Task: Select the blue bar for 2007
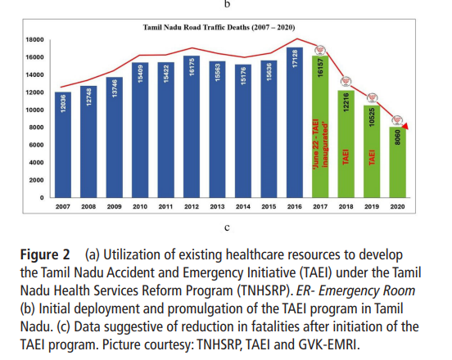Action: [x=63, y=145]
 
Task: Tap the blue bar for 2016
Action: [x=295, y=123]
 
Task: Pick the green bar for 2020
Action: [x=397, y=163]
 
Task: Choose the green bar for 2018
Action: [x=346, y=144]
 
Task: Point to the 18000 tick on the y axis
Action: [x=34, y=40]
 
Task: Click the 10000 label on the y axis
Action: [x=34, y=110]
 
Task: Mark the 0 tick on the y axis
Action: [x=42, y=198]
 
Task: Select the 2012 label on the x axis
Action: [x=192, y=207]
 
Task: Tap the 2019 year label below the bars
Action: [x=372, y=207]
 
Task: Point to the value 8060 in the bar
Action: [x=398, y=137]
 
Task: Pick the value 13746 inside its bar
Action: [x=115, y=88]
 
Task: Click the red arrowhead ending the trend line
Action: [x=405, y=126]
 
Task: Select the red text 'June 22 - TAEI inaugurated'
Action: [x=320, y=144]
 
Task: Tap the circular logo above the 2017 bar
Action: [x=320, y=51]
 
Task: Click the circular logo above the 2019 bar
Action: [x=372, y=98]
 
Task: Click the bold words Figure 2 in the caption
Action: [x=45, y=255]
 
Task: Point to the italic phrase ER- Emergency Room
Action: [x=355, y=291]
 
